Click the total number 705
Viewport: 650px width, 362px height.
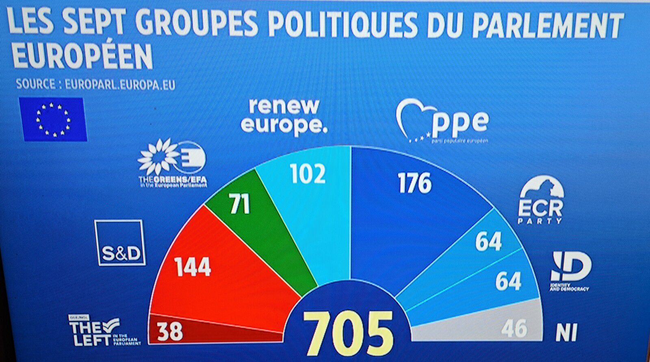(x=349, y=333)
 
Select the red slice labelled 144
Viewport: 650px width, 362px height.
(x=211, y=264)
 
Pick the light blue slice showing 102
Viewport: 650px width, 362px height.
(x=309, y=195)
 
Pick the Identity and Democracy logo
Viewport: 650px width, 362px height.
(x=570, y=271)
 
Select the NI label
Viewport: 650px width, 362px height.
(x=566, y=334)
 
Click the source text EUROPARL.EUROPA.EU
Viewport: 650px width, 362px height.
(x=120, y=85)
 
